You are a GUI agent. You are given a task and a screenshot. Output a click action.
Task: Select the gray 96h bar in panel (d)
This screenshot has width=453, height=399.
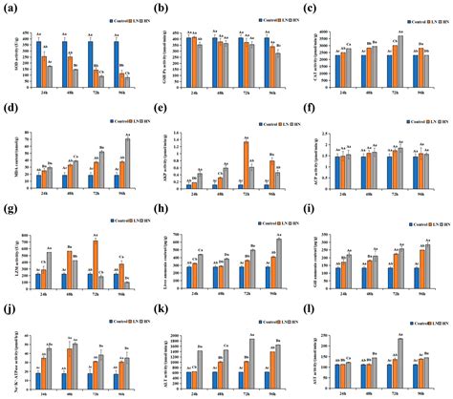click(127, 163)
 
